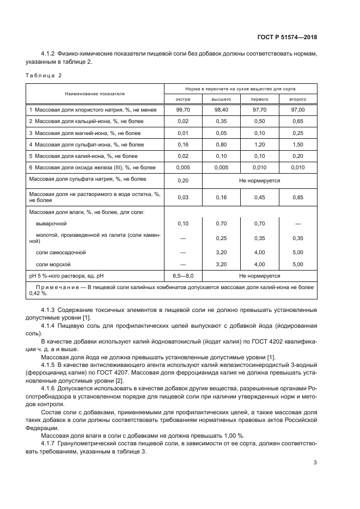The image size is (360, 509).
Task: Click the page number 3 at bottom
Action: [x=315, y=463]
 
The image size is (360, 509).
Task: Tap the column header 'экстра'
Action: [x=183, y=100]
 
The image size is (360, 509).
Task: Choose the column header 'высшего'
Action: [x=221, y=100]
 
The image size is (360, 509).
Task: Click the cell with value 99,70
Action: [x=183, y=110]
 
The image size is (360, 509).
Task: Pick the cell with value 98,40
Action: [x=221, y=110]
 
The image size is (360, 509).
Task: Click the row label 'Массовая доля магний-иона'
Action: [x=87, y=133]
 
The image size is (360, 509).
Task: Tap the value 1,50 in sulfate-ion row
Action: [x=297, y=144]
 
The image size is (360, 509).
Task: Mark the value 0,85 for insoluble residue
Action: [x=297, y=197]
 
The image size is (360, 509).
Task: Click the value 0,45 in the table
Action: [x=259, y=197]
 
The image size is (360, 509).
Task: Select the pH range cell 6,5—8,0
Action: [x=183, y=276]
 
